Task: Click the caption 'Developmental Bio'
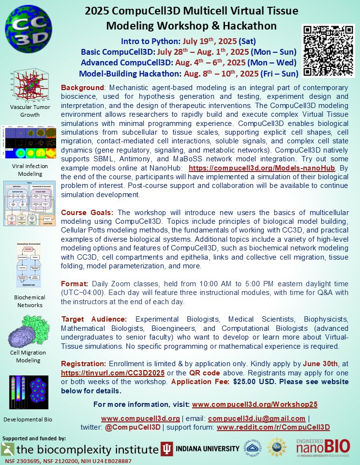click(28, 419)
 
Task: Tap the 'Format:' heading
click(75, 284)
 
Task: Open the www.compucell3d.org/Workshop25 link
click(255, 404)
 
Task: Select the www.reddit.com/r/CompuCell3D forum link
click(273, 427)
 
